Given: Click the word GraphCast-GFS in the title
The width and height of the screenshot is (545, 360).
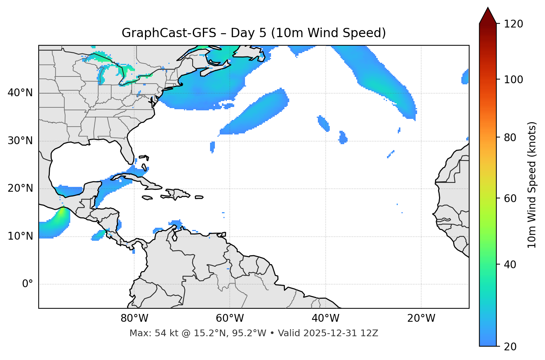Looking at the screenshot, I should tap(169, 33).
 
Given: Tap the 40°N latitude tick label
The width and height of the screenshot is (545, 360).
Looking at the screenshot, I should tap(20, 93).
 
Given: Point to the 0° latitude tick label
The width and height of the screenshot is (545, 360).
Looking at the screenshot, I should tap(28, 284).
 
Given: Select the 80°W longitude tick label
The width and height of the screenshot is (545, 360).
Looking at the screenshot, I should tap(134, 318).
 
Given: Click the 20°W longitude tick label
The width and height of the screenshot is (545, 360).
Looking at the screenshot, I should tap(421, 318).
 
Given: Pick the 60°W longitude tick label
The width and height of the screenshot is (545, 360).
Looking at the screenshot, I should tap(230, 318).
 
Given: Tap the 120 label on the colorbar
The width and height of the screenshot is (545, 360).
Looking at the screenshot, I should tap(513, 24).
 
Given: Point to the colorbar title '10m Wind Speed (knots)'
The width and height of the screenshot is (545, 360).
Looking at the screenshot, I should tap(532, 185).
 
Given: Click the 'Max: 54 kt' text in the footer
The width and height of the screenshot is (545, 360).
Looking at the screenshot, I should tap(147, 333).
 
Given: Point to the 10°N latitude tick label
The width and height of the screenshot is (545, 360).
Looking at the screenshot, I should tap(20, 236).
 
